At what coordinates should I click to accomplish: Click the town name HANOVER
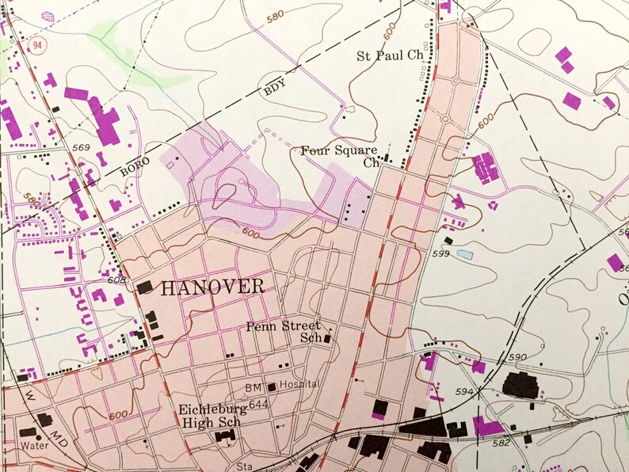212,287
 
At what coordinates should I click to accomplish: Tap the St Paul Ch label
391,56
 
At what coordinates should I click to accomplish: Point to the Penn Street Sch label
283,331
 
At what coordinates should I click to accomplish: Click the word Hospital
299,384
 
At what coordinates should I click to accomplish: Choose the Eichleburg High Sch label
209,417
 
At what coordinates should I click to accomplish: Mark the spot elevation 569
81,148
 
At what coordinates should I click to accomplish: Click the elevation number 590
517,357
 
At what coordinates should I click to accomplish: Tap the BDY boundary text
274,89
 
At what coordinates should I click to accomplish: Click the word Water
34,445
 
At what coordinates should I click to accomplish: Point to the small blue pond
465,255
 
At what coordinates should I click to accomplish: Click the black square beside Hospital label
272,387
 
